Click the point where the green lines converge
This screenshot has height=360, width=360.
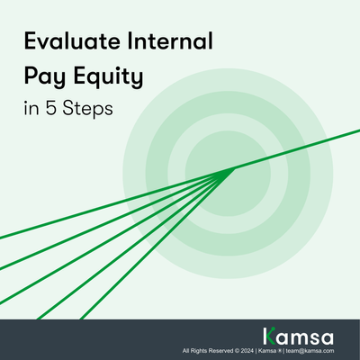click(x=234, y=167)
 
